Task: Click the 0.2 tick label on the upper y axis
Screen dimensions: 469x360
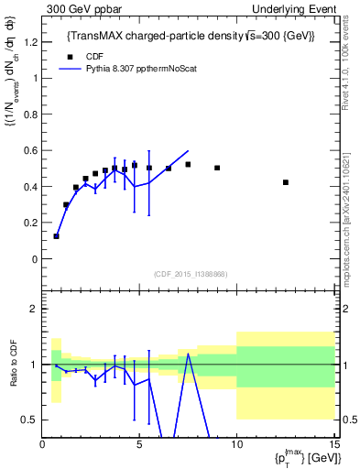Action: [x=30, y=223]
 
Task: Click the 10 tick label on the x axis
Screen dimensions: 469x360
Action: [x=236, y=444]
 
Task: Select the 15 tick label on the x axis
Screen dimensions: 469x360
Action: [x=333, y=444]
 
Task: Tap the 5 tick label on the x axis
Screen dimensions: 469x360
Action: [x=139, y=444]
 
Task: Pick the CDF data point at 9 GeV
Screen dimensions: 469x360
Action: [x=217, y=168]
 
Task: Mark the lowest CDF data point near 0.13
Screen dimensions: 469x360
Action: [x=57, y=236]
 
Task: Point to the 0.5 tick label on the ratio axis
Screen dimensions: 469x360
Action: [x=30, y=420]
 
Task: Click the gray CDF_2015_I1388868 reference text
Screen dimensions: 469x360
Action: [x=190, y=274]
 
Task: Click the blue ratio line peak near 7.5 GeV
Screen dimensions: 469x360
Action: [x=188, y=354]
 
